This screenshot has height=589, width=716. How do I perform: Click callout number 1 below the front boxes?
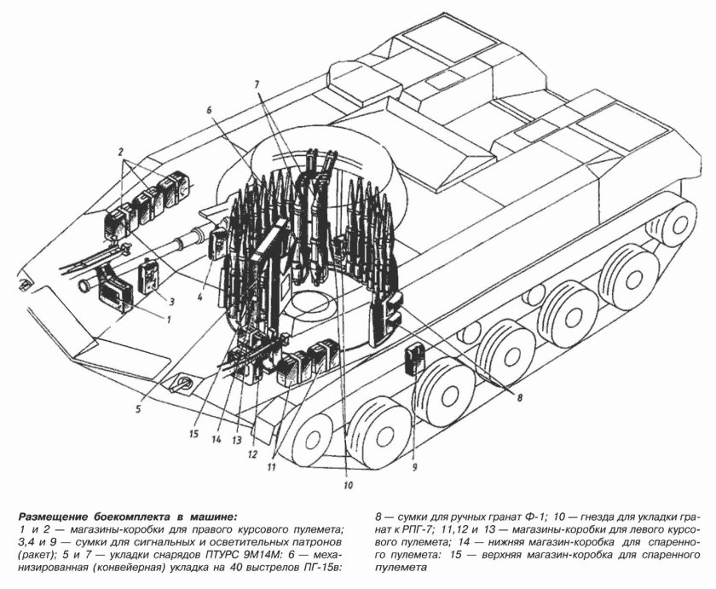click(x=169, y=320)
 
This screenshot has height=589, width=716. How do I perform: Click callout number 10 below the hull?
click(x=348, y=486)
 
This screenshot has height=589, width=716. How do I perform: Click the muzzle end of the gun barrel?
click(x=83, y=286)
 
